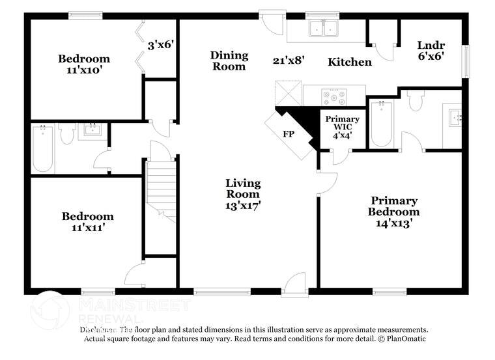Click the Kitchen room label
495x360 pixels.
pyautogui.click(x=349, y=62)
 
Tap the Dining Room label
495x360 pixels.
pyautogui.click(x=228, y=61)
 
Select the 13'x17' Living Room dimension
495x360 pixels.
pyautogui.click(x=243, y=205)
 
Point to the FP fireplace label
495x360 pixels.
pyautogui.click(x=289, y=134)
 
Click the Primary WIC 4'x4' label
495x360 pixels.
pyautogui.click(x=342, y=127)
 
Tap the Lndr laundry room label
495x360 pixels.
pyautogui.click(x=431, y=46)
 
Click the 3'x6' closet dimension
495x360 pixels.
pyautogui.click(x=160, y=46)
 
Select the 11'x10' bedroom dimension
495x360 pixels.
pyautogui.click(x=84, y=70)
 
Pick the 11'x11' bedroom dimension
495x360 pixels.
pyautogui.click(x=87, y=228)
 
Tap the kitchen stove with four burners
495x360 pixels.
pyautogui.click(x=334, y=96)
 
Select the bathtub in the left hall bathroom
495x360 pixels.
pyautogui.click(x=43, y=150)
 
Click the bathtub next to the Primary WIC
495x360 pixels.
pyautogui.click(x=381, y=124)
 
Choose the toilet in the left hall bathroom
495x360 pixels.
pyautogui.click(x=66, y=134)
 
